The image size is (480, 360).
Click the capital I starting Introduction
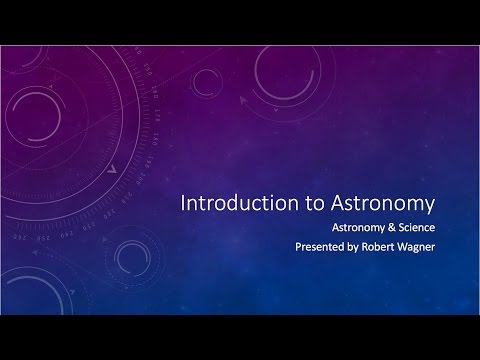point(182,204)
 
